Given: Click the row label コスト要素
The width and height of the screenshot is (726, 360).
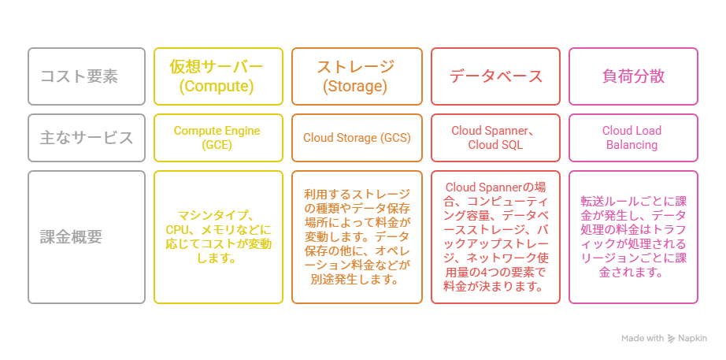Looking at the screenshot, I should click(87, 76).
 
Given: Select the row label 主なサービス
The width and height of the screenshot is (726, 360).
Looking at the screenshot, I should click(87, 137).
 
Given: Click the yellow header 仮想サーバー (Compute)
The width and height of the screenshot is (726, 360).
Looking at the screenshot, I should click(217, 76).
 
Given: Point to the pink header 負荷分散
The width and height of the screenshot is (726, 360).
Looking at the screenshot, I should click(633, 76).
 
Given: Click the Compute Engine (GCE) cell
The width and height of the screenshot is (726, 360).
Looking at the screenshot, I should click(217, 137).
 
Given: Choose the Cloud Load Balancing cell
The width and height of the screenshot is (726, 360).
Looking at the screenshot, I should click(632, 137).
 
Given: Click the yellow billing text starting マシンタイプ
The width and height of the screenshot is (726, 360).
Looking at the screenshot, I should click(217, 236).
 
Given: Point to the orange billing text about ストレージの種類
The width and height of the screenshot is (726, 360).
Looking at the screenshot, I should click(356, 236).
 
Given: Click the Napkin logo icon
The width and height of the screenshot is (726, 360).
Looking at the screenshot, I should click(671, 339).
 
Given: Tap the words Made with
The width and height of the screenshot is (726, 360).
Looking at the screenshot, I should click(642, 339).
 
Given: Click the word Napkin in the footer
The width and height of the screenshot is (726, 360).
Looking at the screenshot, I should click(693, 339).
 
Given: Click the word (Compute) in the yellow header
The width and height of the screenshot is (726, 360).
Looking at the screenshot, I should click(217, 87).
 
